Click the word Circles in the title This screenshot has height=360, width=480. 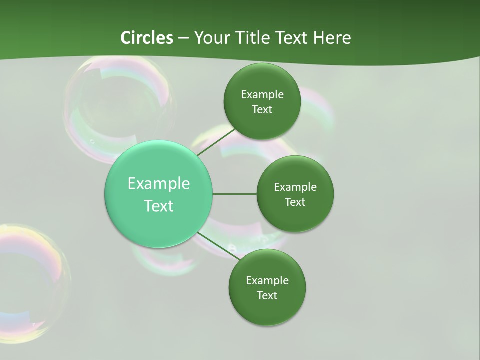147,38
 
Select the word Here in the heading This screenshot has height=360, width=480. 332,38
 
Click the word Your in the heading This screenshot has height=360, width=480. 210,38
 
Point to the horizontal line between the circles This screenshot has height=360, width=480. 235,194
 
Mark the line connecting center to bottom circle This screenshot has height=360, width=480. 218,246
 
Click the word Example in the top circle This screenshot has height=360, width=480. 262,95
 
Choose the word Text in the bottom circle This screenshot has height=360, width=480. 267,295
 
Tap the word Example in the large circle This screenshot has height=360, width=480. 159,184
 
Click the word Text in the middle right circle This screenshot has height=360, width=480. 295,202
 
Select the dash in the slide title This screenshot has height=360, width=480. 183,38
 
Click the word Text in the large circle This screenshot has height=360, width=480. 159,206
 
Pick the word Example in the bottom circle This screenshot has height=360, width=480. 267,281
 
